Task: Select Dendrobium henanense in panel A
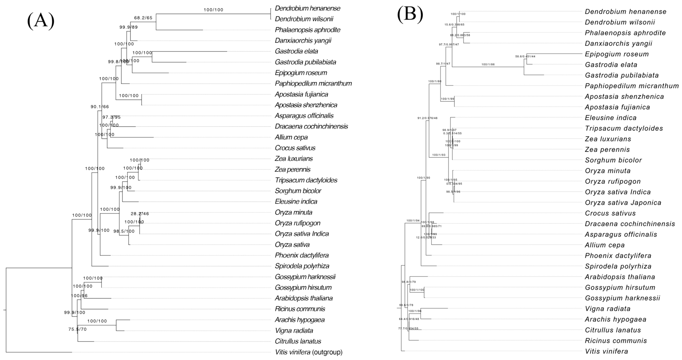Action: [307, 8]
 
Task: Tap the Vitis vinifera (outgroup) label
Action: [309, 352]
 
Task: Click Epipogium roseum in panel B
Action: [617, 54]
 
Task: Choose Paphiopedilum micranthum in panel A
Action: [313, 83]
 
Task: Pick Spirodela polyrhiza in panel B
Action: [618, 266]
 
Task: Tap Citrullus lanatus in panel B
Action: [613, 330]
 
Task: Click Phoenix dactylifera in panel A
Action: [302, 255]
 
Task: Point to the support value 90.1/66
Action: [100, 107]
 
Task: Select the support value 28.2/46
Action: [140, 214]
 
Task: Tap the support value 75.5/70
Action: [77, 329]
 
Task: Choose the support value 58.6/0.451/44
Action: [525, 56]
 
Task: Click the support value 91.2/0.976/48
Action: [427, 118]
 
